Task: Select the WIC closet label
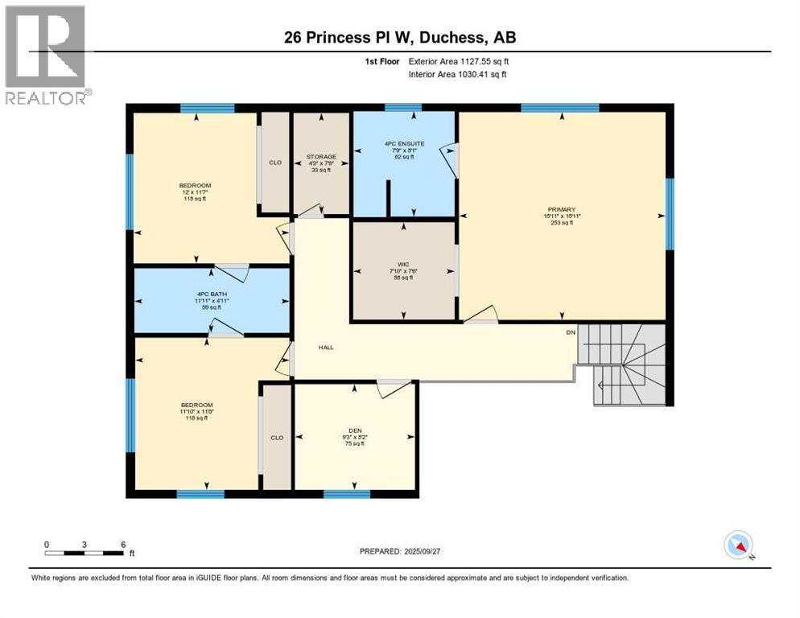coord(404,262)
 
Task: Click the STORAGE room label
coord(320,157)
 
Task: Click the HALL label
coord(325,348)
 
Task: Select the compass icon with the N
coord(736,545)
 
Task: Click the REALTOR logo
coord(45,55)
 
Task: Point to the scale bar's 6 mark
coord(123,544)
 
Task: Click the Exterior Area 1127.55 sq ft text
coord(458,61)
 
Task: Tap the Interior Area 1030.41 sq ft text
coord(458,74)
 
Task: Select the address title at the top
coord(399,36)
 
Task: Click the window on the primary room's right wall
coord(669,214)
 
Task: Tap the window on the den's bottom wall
coord(347,493)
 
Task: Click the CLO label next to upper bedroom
coord(274,163)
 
